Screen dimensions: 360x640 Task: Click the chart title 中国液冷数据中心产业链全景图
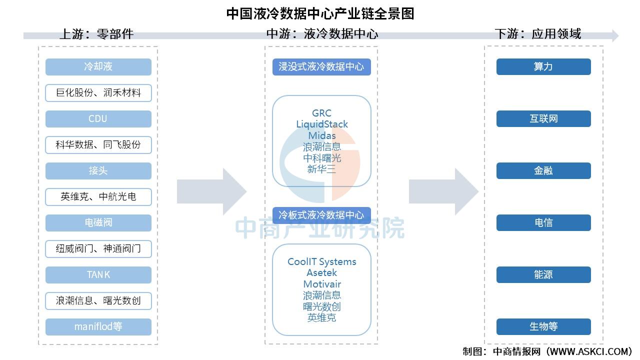click(320, 13)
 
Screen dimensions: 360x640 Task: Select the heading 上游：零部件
click(96, 34)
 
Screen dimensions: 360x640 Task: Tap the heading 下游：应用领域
click(537, 34)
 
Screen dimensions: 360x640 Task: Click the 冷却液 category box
click(98, 67)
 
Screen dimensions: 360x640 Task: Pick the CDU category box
click(98, 119)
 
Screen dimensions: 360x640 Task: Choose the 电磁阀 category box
click(98, 223)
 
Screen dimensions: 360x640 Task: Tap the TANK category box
click(98, 275)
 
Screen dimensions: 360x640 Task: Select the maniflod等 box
click(98, 327)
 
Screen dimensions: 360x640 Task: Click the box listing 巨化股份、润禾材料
click(98, 93)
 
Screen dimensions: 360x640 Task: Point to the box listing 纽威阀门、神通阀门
click(98, 249)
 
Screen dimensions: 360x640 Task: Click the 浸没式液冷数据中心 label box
click(321, 67)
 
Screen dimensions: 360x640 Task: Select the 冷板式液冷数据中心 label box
click(321, 215)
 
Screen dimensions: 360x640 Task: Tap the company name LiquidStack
click(322, 124)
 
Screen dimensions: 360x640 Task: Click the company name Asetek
click(322, 273)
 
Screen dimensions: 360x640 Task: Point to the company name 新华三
click(322, 169)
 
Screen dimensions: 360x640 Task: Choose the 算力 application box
click(543, 67)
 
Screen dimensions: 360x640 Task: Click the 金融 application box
click(543, 171)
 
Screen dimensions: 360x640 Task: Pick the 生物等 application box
click(543, 327)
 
